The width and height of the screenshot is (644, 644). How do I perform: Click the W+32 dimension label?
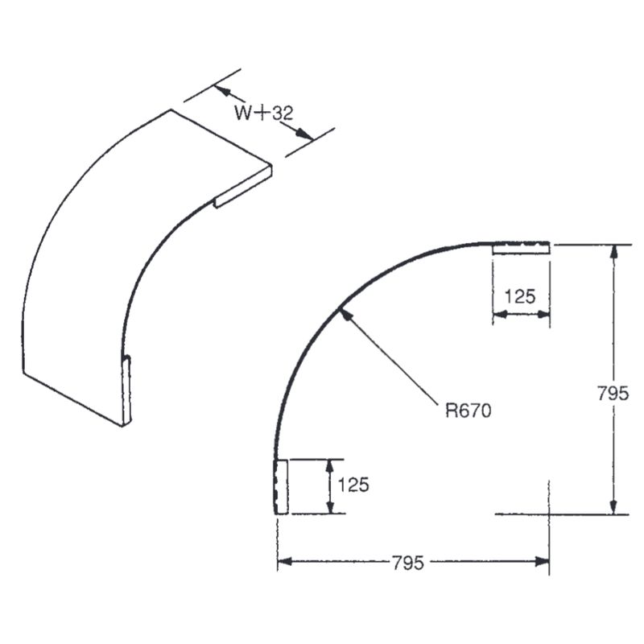click(x=263, y=114)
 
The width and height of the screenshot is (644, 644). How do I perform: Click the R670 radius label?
click(x=468, y=411)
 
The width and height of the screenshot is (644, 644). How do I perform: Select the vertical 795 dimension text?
click(x=613, y=394)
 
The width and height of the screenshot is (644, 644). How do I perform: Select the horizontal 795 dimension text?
click(x=409, y=562)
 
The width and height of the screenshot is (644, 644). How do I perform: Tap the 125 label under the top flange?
click(x=520, y=295)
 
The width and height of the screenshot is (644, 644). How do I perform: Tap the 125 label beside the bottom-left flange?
click(x=353, y=485)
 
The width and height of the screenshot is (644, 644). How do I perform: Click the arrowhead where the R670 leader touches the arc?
click(x=344, y=314)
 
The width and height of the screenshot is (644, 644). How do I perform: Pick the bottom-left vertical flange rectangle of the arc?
click(x=281, y=486)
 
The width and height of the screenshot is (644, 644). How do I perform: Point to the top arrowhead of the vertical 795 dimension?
click(x=614, y=250)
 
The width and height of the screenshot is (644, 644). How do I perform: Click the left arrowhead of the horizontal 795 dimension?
click(x=284, y=563)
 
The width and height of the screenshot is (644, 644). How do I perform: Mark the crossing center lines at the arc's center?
click(x=549, y=514)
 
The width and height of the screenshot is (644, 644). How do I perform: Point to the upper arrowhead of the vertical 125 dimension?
click(x=328, y=464)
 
